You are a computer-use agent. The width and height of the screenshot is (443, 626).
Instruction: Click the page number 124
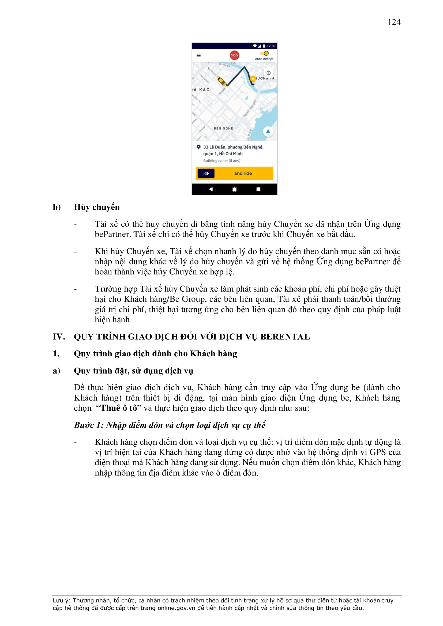click(394, 22)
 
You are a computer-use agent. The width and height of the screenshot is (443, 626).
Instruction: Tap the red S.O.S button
click(234, 55)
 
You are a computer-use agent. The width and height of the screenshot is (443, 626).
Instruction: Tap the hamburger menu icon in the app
click(198, 56)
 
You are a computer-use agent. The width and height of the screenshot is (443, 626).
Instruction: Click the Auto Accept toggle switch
click(265, 54)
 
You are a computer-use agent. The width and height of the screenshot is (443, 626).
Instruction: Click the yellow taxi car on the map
click(221, 81)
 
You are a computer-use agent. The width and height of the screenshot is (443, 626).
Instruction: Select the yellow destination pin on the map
click(253, 78)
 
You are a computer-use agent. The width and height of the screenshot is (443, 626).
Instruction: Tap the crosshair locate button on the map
click(268, 73)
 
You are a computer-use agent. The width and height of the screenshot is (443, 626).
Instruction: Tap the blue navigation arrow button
click(268, 132)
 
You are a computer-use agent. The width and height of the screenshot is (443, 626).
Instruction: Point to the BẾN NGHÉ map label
click(223, 129)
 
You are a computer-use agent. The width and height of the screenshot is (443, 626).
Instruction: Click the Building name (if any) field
click(222, 161)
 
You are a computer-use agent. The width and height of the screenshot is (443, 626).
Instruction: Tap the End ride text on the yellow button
click(243, 174)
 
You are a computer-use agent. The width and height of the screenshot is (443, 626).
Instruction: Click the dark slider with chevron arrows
click(206, 174)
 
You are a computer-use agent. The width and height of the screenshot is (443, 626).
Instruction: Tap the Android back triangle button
click(211, 189)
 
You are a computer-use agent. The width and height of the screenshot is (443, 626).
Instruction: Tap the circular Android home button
click(234, 189)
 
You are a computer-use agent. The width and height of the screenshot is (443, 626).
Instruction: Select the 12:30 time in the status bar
click(271, 46)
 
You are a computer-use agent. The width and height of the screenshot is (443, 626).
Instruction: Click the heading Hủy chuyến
click(97, 207)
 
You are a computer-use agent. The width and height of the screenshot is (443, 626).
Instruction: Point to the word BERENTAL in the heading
click(285, 337)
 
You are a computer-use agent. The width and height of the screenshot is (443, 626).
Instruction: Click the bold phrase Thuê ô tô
click(119, 408)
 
